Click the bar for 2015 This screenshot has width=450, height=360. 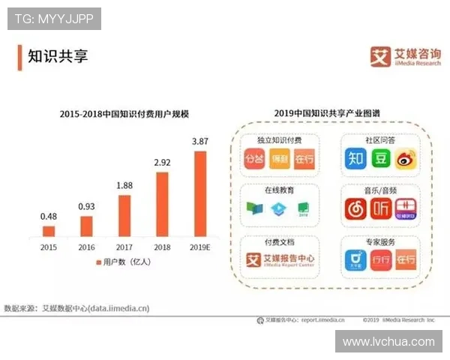click(x=49, y=231)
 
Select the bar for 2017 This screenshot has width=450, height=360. click(x=124, y=216)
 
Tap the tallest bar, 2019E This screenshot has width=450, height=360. click(x=200, y=193)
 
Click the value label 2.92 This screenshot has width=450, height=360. click(x=163, y=161)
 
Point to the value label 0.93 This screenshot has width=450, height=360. click(x=87, y=206)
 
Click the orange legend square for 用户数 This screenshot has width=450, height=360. click(x=97, y=262)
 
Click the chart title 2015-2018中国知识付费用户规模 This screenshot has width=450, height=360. click(x=124, y=114)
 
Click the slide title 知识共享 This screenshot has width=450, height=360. click(x=58, y=56)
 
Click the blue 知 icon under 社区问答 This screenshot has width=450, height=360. click(x=355, y=158)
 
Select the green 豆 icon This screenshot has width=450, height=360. click(x=382, y=158)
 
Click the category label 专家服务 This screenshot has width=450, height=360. click(x=380, y=241)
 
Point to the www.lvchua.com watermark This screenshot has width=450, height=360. click(x=388, y=341)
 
